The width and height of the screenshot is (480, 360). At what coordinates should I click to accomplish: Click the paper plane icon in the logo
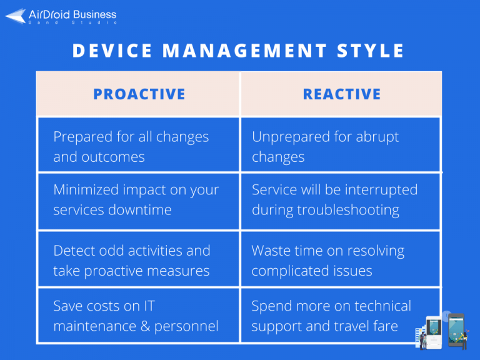[x=16, y=16]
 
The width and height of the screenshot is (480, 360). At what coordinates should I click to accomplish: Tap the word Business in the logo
[x=94, y=14]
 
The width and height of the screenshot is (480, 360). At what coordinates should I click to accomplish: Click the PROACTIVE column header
[x=139, y=94]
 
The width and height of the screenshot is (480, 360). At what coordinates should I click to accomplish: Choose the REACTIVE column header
[x=341, y=94]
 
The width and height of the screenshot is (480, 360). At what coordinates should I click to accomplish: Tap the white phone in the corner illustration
[x=436, y=331]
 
